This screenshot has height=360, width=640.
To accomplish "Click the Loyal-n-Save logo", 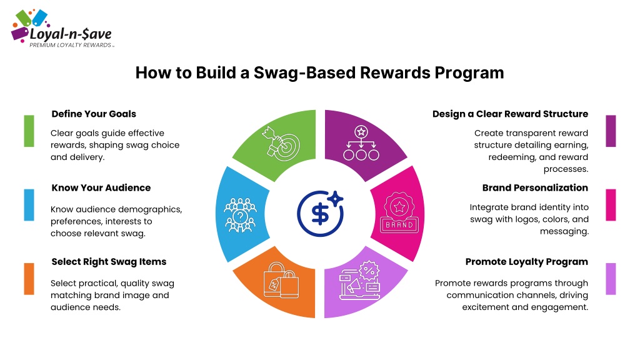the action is pos(62,29).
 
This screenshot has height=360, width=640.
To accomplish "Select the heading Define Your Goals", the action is pos(94,114).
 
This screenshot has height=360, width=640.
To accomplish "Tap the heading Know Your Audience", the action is pos(101,187).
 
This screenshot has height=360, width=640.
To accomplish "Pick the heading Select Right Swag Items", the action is pos(109,262).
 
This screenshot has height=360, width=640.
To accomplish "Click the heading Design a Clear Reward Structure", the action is pos(510,114).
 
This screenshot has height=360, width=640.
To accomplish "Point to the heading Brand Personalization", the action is pos(535,187).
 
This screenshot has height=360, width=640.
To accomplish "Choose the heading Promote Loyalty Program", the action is pos(526,262).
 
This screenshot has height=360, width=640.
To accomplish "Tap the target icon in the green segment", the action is pos(281,144).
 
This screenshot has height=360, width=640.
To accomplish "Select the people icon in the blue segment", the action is pos(240,215).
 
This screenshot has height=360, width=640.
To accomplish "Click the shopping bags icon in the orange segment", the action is pos(281,280).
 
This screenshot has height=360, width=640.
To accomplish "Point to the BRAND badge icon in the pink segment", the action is pos(399,212).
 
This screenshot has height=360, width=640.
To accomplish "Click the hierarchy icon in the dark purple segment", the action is pos(361,143).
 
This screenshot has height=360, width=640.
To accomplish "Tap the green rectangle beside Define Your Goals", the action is pos(29,131).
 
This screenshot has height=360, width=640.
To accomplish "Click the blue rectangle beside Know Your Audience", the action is pos(29,205).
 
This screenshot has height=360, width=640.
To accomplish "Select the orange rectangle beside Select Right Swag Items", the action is pos(29,279).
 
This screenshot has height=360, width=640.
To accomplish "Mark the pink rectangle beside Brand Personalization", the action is pos(611,205).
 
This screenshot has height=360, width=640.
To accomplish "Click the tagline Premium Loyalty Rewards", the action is pos(71,45).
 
